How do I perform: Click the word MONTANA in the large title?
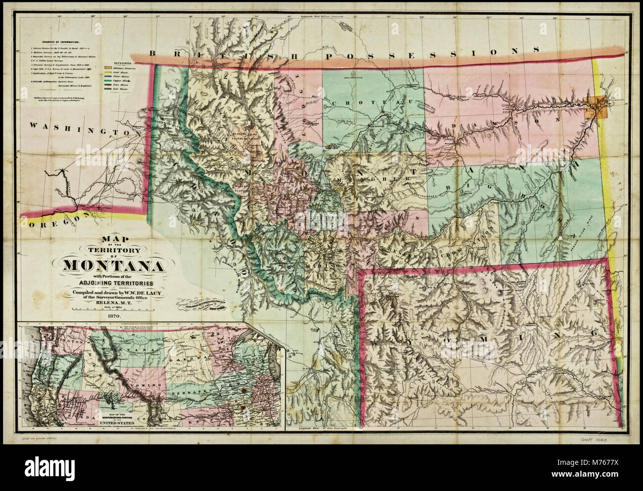pyautogui.click(x=114, y=266)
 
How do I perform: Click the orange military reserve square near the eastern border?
pyautogui.click(x=597, y=106)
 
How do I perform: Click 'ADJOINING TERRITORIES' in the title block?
pyautogui.click(x=114, y=283)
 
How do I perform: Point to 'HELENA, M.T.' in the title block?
pyautogui.click(x=114, y=303)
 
